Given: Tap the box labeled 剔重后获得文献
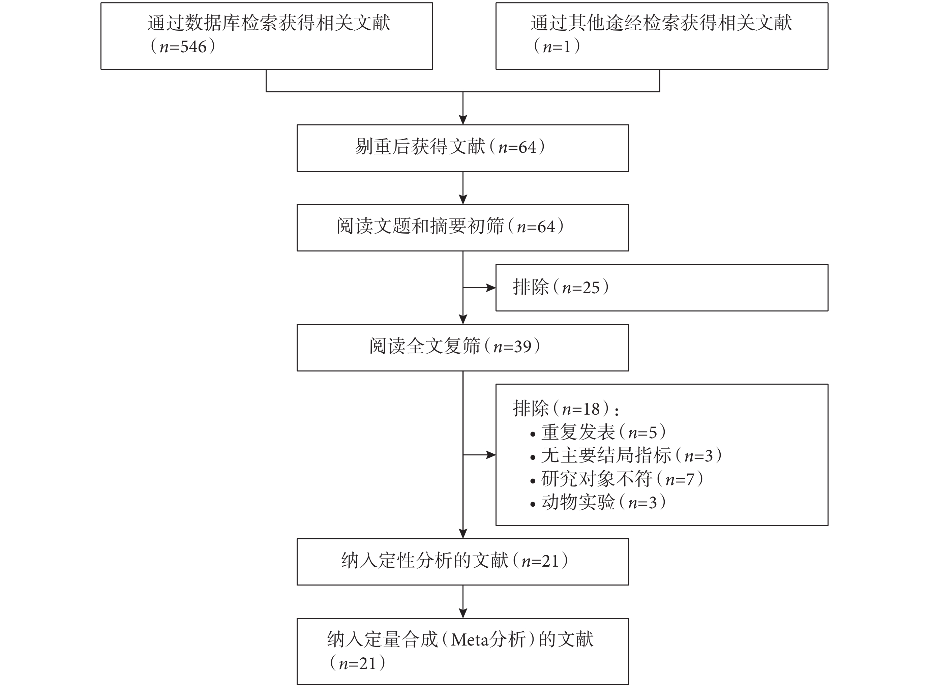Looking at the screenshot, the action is pyautogui.click(x=462, y=148).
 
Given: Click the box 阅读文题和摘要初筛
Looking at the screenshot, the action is pyautogui.click(x=462, y=228).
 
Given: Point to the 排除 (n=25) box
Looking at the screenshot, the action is pyautogui.click(x=662, y=287).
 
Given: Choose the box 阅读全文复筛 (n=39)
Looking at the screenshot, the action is pyautogui.click(x=462, y=347).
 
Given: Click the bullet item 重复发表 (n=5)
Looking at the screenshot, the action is pyautogui.click(x=598, y=432).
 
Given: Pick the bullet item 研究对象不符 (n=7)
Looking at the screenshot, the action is pyautogui.click(x=617, y=479).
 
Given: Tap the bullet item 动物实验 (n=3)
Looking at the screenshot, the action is pyautogui.click(x=598, y=502).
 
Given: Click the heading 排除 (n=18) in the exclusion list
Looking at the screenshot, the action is pyautogui.click(x=566, y=409).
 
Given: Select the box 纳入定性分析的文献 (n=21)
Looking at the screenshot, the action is pyautogui.click(x=462, y=562).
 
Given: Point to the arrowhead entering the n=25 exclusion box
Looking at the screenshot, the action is pyautogui.click(x=491, y=287).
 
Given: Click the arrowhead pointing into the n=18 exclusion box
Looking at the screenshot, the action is pyautogui.click(x=491, y=455).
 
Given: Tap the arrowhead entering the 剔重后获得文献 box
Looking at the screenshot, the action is pyautogui.click(x=463, y=120).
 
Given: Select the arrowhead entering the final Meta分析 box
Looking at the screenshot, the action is pyautogui.click(x=463, y=613).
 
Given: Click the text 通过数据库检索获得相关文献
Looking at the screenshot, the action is pyautogui.click(x=269, y=23).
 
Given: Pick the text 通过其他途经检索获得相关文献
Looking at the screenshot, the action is pyautogui.click(x=661, y=23).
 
